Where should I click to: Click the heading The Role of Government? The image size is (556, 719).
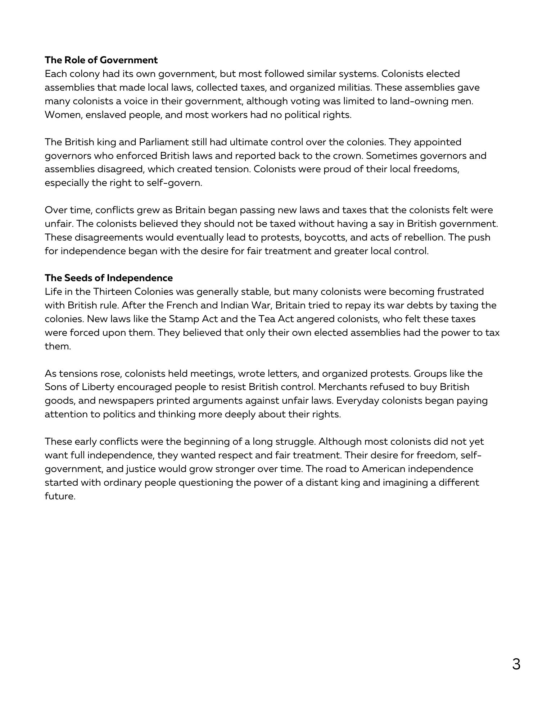point(101,60)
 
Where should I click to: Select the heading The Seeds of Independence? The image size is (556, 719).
point(109,278)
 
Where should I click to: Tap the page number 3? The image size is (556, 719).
point(516,664)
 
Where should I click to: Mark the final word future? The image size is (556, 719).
point(59,496)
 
